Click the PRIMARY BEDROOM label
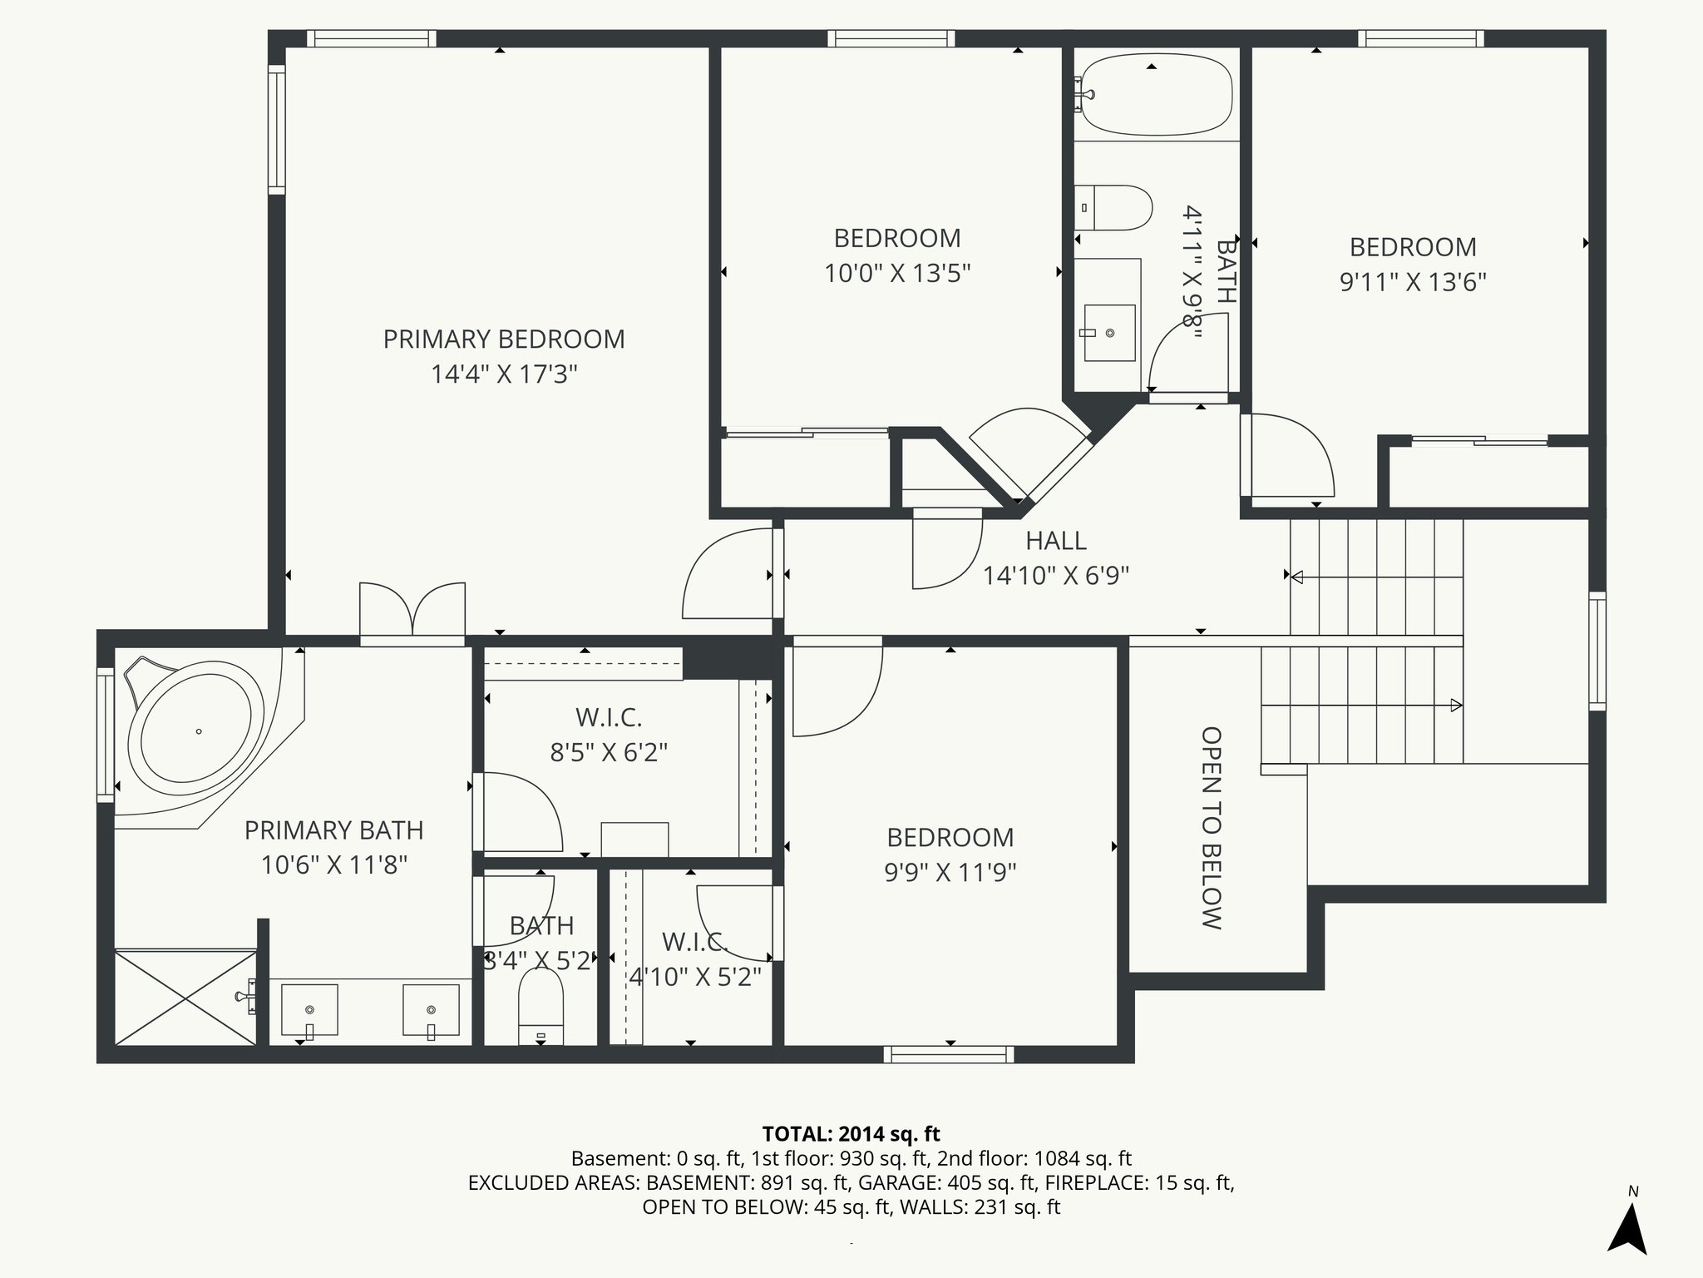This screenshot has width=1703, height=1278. (x=503, y=339)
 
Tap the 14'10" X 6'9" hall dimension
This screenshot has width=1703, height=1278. (x=1055, y=576)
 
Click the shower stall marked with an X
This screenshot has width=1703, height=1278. (x=185, y=998)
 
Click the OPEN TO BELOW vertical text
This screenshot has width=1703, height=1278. (x=1212, y=827)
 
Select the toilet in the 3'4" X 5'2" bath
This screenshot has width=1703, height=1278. (x=541, y=1007)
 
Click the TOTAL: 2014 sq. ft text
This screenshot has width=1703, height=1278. (x=851, y=1134)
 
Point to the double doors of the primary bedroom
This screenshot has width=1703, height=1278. (x=412, y=612)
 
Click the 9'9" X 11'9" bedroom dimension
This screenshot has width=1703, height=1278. (x=950, y=873)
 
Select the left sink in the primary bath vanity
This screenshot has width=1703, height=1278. (x=309, y=1009)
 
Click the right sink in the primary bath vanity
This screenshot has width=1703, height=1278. (x=431, y=1009)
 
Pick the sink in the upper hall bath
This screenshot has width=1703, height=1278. (x=1109, y=333)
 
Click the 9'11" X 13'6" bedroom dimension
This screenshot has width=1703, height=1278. (x=1412, y=283)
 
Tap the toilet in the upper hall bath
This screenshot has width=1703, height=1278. (x=1118, y=208)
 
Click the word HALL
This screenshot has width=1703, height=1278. (x=1055, y=541)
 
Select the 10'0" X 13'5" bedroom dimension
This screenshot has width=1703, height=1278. (x=897, y=274)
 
